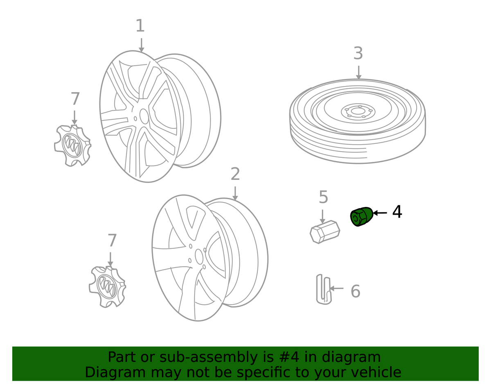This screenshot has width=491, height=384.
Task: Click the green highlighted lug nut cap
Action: (361, 216)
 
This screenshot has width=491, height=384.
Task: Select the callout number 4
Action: (397, 212)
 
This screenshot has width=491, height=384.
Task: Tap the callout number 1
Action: (140, 25)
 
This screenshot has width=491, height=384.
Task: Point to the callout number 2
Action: (235, 174)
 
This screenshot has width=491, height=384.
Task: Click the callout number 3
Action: (358, 53)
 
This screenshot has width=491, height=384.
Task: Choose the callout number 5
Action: (323, 197)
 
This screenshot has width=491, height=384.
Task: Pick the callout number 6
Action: (356, 291)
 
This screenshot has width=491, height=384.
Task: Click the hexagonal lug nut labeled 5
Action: (325, 232)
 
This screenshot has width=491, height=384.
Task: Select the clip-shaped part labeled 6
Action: (324, 289)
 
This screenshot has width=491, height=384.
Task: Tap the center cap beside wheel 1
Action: (73, 146)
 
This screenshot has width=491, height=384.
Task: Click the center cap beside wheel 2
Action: (108, 287)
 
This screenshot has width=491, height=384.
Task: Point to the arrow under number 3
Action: (358, 73)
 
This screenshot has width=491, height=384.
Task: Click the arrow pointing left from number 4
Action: (380, 213)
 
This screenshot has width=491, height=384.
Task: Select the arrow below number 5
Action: (323, 216)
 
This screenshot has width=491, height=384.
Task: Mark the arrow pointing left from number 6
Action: (337, 288)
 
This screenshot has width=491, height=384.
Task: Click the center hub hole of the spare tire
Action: (358, 111)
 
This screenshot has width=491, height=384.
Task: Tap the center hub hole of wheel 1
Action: (144, 116)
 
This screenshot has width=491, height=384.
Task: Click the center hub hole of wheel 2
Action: (199, 257)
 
